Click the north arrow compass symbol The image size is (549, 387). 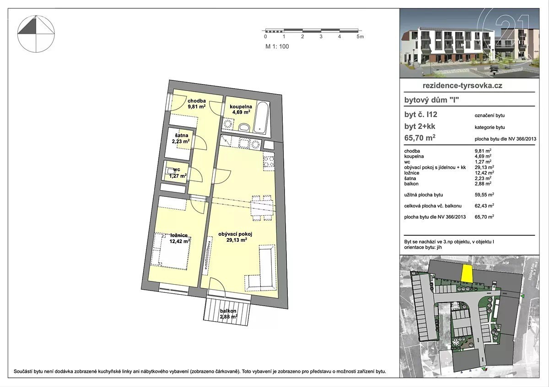pos(36,34)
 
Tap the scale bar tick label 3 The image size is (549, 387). pos(321,37)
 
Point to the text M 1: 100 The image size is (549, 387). pos(277,47)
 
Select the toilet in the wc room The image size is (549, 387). pos(170,170)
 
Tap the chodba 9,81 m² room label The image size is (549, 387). pos(197,104)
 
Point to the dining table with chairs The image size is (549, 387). pos(262,208)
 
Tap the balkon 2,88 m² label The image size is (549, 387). pos(228,314)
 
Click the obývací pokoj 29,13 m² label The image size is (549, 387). pos(236,237)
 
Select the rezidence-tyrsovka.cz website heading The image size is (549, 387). pos(462,85)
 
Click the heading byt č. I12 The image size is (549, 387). pos(420,115)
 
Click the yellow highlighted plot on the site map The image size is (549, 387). pos(467,274)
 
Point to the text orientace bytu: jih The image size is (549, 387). pos(423,247)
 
